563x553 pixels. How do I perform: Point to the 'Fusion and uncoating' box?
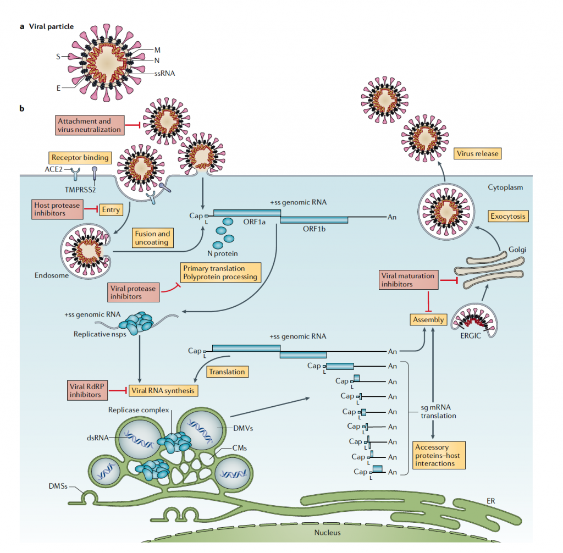point(152,237)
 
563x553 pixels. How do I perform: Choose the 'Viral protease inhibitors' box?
point(133,292)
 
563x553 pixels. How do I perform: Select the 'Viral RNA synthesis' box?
point(163,390)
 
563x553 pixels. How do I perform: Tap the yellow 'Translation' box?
point(227,372)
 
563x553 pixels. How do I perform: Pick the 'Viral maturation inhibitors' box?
point(409,280)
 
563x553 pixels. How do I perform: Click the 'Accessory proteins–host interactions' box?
point(438,455)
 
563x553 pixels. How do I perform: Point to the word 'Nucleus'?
point(327,532)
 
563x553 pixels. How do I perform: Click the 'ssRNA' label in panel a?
point(164,72)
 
